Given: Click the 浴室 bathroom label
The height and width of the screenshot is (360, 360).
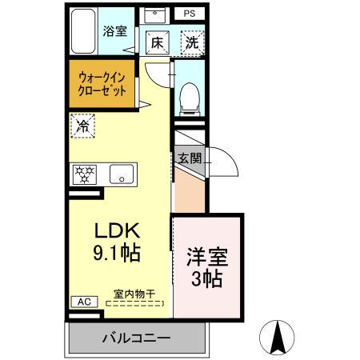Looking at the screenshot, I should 115,32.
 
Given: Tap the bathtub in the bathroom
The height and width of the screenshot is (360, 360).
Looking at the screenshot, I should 83,31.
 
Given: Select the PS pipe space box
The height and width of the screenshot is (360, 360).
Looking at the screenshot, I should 189,14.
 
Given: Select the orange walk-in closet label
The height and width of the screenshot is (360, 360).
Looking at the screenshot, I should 102,82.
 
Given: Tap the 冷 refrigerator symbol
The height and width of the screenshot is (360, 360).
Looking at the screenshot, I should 82,125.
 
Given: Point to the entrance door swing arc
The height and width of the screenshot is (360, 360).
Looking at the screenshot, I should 225,163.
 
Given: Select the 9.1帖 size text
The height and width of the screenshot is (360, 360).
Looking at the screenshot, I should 118,255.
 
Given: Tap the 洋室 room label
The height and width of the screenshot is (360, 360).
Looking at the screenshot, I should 206,258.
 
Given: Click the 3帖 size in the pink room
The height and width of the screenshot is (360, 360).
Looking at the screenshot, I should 206,281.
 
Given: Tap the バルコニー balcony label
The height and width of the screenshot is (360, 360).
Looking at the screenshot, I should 135,338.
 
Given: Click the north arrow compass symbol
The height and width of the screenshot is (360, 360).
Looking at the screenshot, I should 278,336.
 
